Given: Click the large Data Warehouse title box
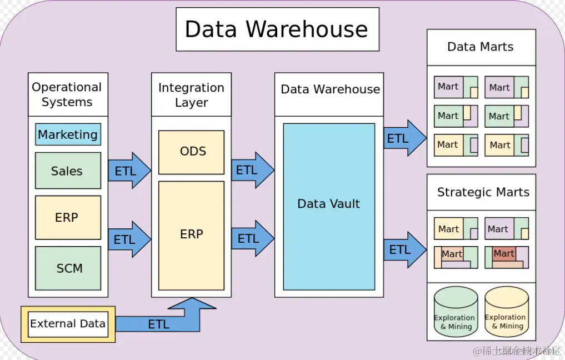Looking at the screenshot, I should point(277,29).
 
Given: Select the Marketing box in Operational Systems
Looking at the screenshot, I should point(68,134).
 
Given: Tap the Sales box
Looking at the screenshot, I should point(68,171).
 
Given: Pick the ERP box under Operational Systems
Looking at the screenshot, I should point(68,217).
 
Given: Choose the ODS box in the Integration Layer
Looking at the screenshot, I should point(192,152).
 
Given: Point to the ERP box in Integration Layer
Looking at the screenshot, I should point(192,234).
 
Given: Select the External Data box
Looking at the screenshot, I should point(68,323).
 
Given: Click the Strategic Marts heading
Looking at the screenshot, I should point(482,192).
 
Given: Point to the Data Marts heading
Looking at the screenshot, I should point(481,47).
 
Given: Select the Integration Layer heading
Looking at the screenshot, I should point(191,94).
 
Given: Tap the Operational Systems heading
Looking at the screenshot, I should point(67,94).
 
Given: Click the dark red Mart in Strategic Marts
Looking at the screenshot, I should point(503,254).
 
